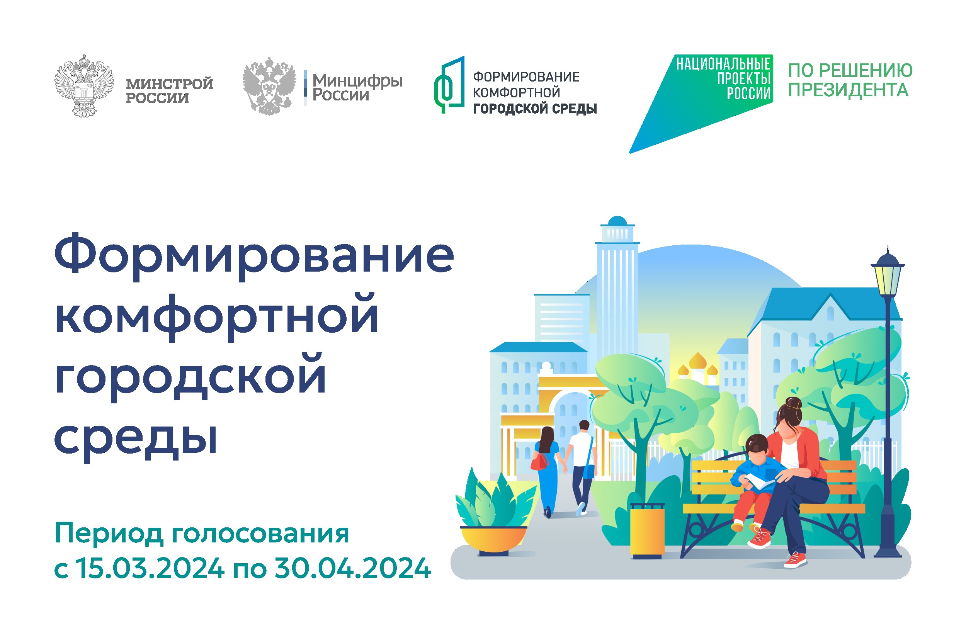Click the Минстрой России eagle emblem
tap(84, 86)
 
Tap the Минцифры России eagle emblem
tap(269, 86)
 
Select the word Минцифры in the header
tap(357, 81)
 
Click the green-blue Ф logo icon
tap(449, 85)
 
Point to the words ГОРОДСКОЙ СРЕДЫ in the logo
tap(535, 109)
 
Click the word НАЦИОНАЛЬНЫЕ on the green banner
tap(723, 64)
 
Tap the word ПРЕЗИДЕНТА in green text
tap(848, 90)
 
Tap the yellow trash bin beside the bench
tap(647, 531)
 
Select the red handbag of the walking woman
tap(539, 462)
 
